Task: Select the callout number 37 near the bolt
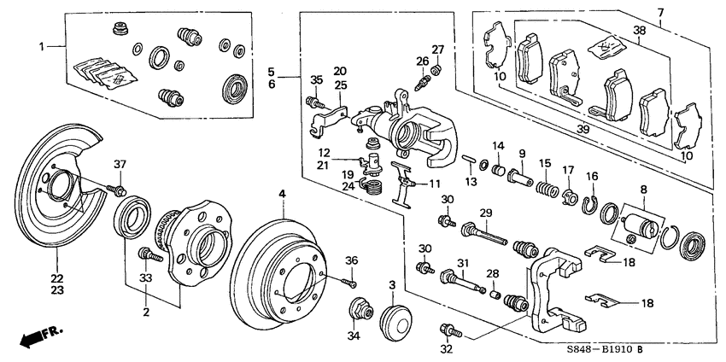tap(120, 165)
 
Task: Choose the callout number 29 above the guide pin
tap(485, 213)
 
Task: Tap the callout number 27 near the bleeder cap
tap(437, 49)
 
